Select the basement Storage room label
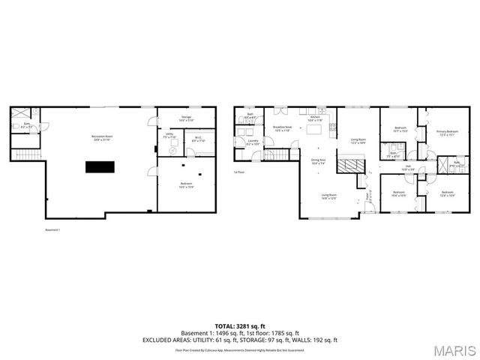click(187, 118)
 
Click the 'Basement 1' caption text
click(52, 229)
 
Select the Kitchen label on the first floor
click(316, 118)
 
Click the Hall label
click(408, 168)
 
